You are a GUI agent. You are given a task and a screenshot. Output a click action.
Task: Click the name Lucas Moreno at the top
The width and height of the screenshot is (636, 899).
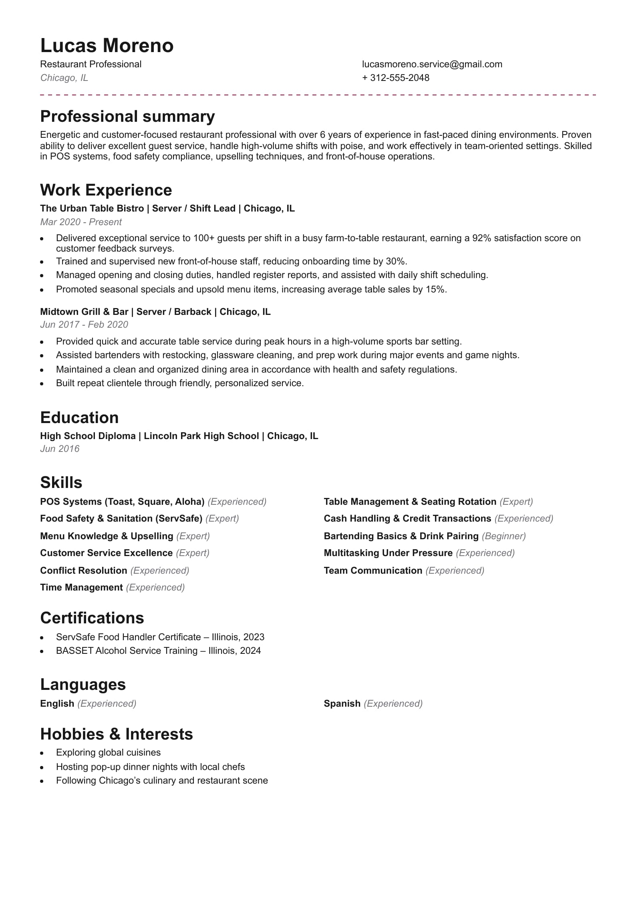(107, 46)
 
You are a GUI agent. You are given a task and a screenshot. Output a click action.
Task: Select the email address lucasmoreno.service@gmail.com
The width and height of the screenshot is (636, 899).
(432, 64)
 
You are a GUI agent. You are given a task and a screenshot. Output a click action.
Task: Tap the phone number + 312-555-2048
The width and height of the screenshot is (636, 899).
(395, 78)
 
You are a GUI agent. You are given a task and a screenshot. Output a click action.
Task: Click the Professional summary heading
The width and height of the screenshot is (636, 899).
(127, 117)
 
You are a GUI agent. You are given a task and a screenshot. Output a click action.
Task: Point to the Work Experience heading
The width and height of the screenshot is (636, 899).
(106, 190)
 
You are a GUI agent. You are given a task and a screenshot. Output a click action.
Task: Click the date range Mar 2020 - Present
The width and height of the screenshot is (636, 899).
(81, 222)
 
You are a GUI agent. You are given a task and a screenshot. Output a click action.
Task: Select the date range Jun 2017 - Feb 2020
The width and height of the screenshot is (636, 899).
(84, 325)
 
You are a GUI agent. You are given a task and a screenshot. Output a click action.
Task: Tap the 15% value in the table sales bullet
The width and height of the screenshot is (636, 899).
(435, 289)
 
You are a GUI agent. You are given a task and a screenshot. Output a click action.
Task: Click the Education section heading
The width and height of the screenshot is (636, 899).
(79, 418)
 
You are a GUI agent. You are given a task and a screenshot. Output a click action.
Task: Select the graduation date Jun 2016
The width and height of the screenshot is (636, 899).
(60, 449)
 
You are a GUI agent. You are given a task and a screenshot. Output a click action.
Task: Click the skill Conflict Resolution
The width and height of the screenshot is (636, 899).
(83, 570)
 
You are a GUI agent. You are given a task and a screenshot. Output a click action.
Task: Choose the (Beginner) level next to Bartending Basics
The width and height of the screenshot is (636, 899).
(503, 536)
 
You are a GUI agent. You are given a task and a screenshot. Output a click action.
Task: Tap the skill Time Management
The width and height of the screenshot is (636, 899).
(81, 587)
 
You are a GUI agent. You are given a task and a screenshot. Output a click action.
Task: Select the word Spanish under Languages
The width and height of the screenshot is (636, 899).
(342, 703)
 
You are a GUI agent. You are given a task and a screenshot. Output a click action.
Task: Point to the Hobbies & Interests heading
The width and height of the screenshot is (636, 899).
(117, 734)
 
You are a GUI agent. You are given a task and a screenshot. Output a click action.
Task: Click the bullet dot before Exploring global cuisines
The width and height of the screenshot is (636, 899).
(42, 753)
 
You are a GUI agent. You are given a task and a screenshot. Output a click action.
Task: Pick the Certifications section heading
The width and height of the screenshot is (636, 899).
(92, 618)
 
